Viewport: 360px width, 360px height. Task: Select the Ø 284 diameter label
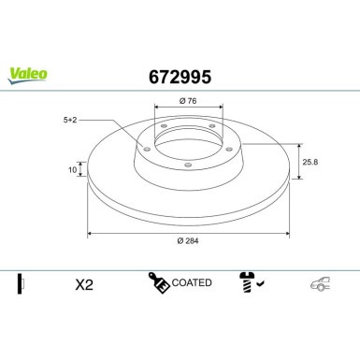click(187, 241)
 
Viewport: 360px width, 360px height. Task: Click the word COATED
click(193, 281)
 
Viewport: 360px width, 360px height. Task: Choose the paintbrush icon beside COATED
click(156, 281)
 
